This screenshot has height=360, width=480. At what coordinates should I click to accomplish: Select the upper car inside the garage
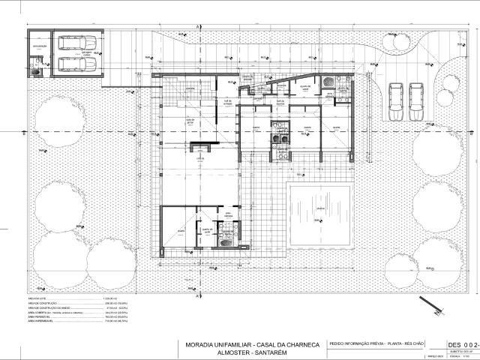tap(74, 44)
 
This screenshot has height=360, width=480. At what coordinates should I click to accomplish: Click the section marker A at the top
tap(197, 27)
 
